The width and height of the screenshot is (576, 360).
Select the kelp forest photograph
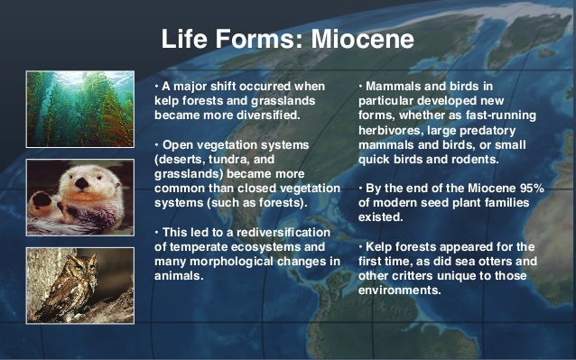coord(79,110)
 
